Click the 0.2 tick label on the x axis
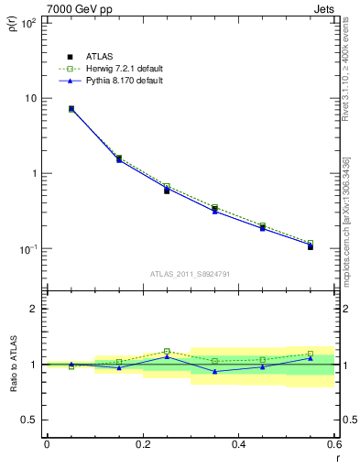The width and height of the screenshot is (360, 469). click(x=142, y=444)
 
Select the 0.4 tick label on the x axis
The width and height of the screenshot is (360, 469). click(x=238, y=444)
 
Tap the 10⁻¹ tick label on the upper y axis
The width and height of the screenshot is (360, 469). click(x=27, y=249)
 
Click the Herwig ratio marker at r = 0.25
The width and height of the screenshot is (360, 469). click(x=167, y=351)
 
